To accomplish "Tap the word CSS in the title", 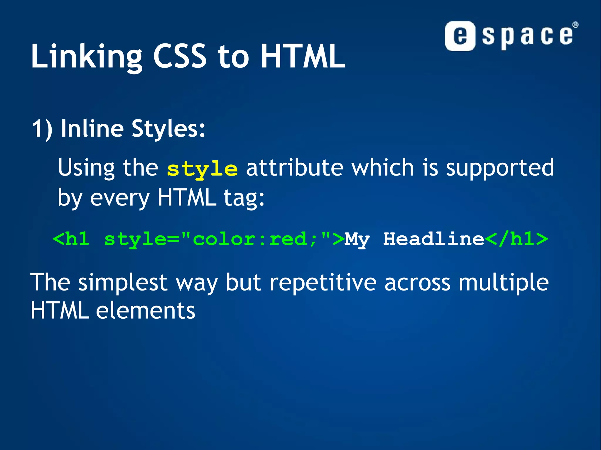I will pos(180,56).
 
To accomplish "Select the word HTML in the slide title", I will pos(303,56).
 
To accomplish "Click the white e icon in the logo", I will pos(460,36).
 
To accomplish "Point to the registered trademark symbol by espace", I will pos(575,25).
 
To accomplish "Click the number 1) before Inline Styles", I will pos(42,129).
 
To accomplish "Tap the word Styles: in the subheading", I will pos(168,129).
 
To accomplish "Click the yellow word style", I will pos(202,169).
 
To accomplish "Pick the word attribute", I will pos(295,168).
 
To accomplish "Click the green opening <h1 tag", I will pos(71,239).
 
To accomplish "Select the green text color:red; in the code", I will pos(254,239).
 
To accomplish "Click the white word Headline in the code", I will pos(434,239).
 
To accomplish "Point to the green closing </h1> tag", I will pos(516,239).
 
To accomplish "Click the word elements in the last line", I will pos(145,311).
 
